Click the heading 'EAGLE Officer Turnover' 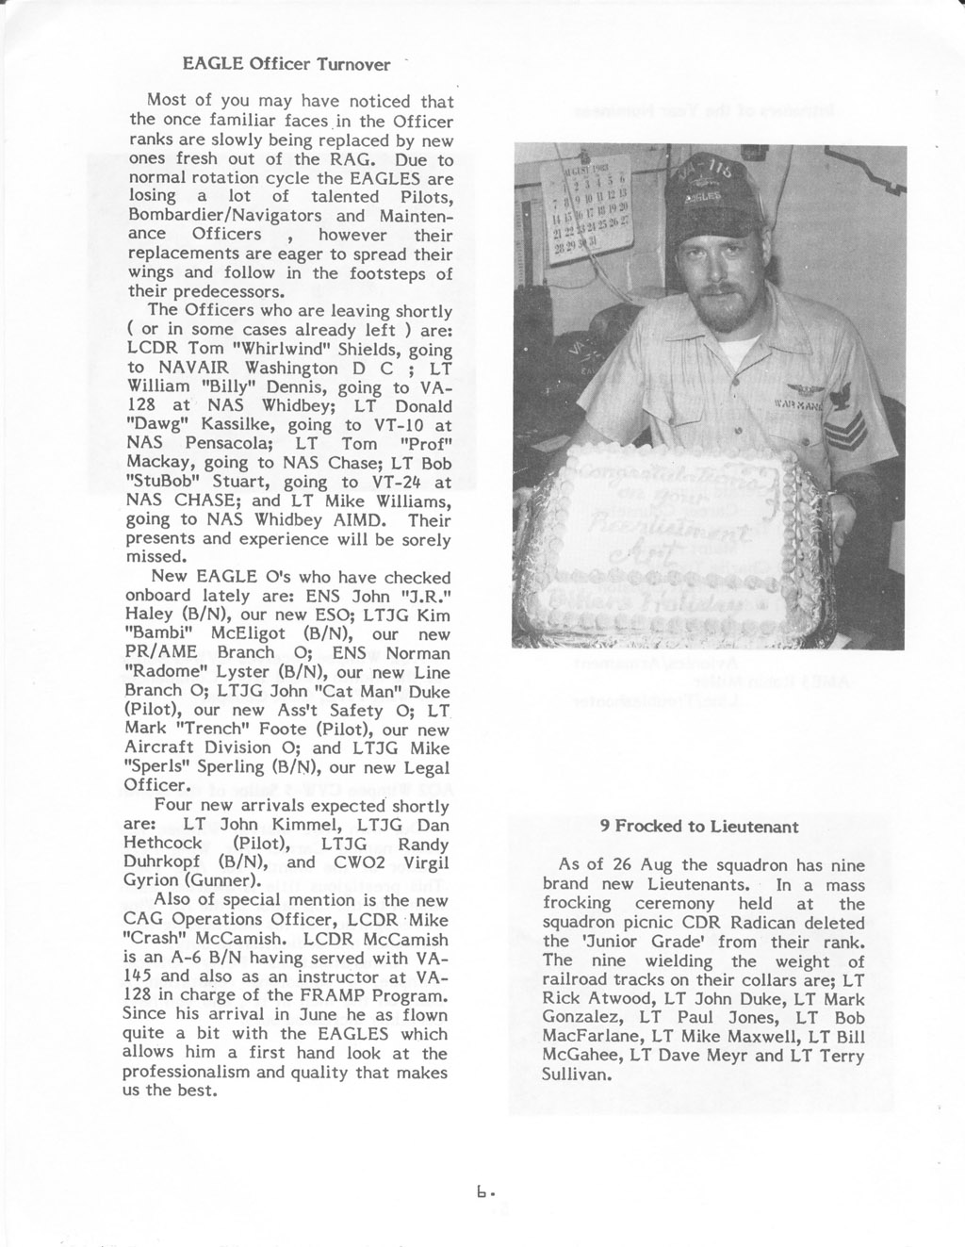point(286,65)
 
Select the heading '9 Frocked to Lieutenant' point(699,827)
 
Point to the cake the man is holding point(671,547)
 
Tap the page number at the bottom point(485,1192)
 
